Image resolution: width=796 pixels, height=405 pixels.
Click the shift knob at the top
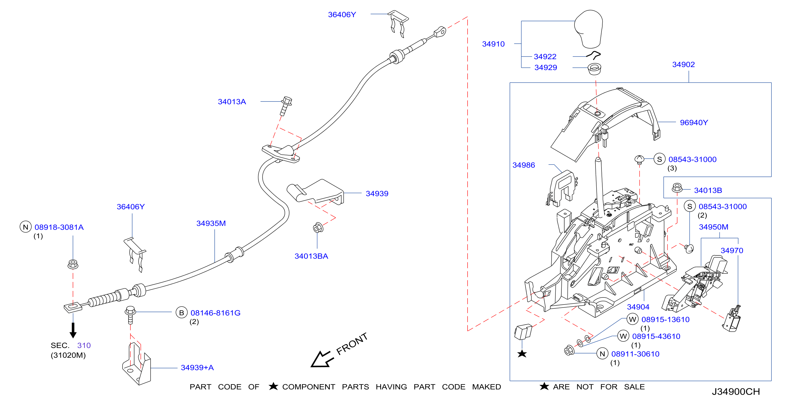click(589, 29)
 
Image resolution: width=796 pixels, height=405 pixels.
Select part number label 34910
click(493, 44)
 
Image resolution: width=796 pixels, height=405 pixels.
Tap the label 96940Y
click(694, 123)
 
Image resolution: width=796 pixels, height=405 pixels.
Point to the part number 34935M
click(211, 223)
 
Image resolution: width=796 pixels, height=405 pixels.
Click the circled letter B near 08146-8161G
click(182, 312)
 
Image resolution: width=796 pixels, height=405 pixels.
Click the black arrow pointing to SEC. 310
click(73, 330)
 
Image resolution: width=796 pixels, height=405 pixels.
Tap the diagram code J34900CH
click(736, 392)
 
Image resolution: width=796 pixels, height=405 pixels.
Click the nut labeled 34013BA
click(318, 228)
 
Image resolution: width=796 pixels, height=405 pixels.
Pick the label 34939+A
click(197, 368)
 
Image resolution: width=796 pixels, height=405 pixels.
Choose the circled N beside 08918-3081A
click(26, 227)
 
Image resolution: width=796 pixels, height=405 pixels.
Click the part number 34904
click(638, 307)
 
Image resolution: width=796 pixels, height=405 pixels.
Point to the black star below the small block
click(522, 353)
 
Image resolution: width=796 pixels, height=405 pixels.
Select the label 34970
click(732, 251)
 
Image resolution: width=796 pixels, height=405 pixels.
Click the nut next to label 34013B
click(677, 187)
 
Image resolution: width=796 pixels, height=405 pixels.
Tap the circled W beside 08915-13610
click(633, 319)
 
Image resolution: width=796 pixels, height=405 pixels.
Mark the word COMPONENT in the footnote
click(309, 387)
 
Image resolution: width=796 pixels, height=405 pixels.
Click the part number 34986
click(523, 165)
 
